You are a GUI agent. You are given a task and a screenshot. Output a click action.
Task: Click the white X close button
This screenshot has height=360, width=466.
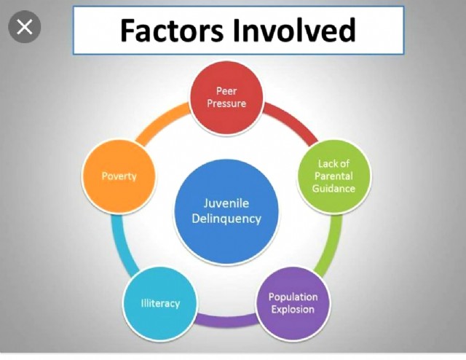point(24,28)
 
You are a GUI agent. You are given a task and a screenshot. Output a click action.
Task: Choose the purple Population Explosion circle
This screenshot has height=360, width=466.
point(293,303)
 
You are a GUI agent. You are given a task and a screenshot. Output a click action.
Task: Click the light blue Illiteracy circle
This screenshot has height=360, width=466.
point(160,302)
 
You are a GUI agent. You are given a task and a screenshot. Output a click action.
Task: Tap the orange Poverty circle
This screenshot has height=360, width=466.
point(119,176)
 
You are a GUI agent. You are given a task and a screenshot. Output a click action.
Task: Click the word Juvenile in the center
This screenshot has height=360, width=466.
point(226,203)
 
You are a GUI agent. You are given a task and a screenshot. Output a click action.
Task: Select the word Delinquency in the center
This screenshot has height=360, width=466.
point(226,219)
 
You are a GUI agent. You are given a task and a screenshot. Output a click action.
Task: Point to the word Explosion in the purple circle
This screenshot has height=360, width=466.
point(293,310)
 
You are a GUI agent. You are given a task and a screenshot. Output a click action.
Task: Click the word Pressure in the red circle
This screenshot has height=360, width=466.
point(226,103)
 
